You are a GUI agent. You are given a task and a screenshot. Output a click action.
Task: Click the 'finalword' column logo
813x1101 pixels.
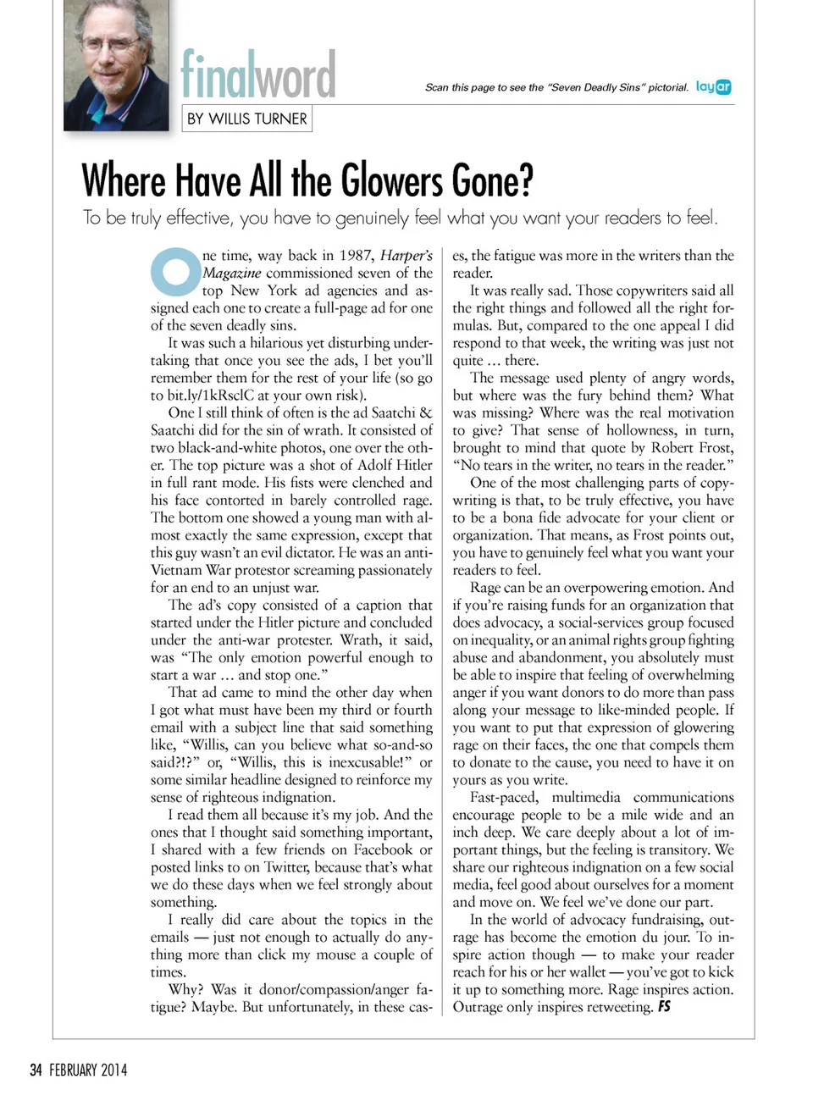pyautogui.click(x=257, y=75)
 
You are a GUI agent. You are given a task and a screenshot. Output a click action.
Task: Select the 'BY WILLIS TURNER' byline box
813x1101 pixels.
pyautogui.click(x=246, y=119)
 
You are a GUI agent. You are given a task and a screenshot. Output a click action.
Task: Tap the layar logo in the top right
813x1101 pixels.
pyautogui.click(x=713, y=86)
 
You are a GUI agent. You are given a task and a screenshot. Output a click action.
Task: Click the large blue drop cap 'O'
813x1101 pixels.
pyautogui.click(x=174, y=271)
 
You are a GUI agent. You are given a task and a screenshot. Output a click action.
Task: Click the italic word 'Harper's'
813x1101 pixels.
pyautogui.click(x=406, y=256)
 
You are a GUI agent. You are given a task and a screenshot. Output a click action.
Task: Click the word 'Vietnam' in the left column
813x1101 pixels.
pyautogui.click(x=178, y=570)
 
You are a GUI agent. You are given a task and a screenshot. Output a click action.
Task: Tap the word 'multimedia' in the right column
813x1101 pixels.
pyautogui.click(x=585, y=797)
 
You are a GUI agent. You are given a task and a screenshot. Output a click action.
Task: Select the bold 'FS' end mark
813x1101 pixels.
pyautogui.click(x=664, y=1007)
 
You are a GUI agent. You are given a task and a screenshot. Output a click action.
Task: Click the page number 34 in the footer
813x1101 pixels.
pyautogui.click(x=36, y=1070)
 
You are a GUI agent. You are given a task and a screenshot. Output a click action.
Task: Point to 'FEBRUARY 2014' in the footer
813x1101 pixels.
pyautogui.click(x=88, y=1070)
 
